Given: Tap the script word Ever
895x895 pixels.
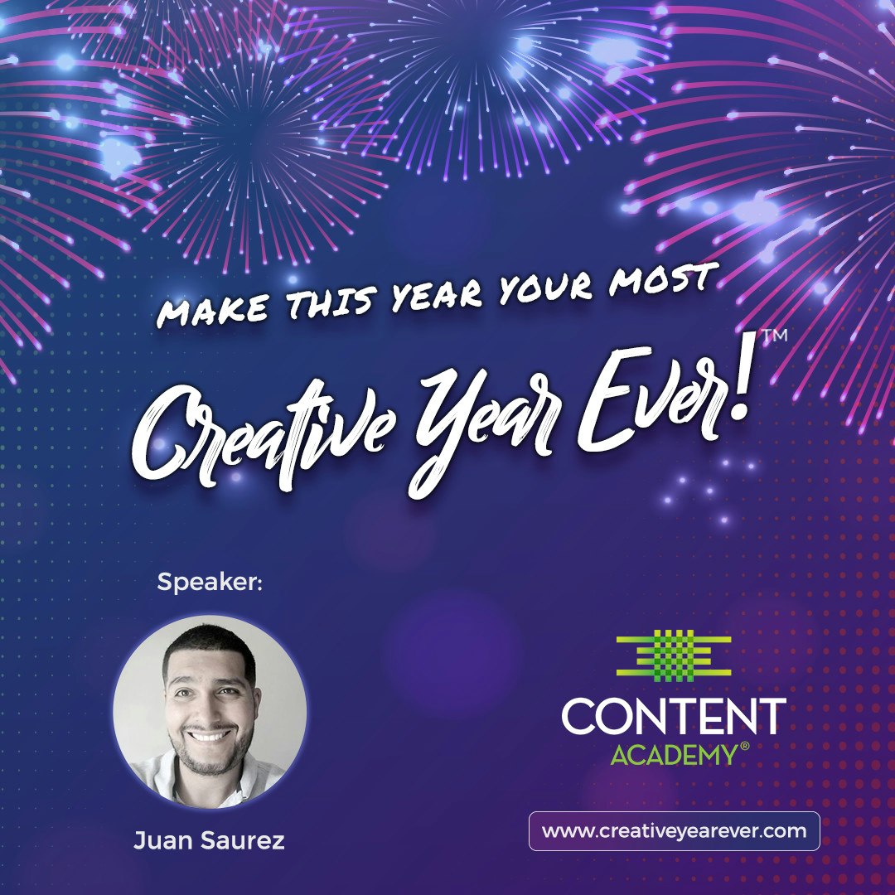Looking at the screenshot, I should (x=654, y=406).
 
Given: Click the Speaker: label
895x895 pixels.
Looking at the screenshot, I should (x=210, y=583).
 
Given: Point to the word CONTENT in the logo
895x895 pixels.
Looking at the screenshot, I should (x=673, y=717).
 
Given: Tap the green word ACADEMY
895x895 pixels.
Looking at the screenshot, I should (x=673, y=755).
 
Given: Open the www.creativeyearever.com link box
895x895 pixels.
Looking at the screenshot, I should (x=674, y=831).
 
